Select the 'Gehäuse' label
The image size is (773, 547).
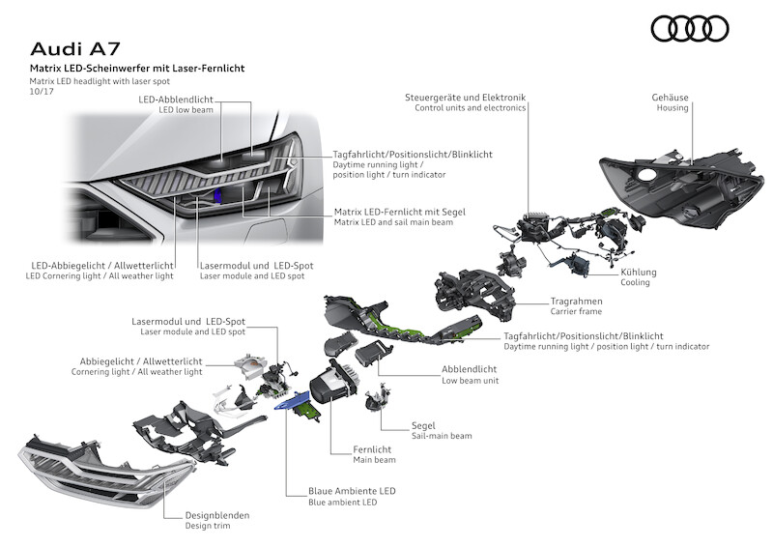point(669,97)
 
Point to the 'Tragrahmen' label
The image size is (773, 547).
point(576,301)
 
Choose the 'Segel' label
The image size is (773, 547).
point(422,425)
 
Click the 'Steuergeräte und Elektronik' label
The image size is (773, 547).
point(466,98)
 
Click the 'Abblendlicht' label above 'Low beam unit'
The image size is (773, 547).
point(469,369)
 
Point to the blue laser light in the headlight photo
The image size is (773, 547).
point(218,197)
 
